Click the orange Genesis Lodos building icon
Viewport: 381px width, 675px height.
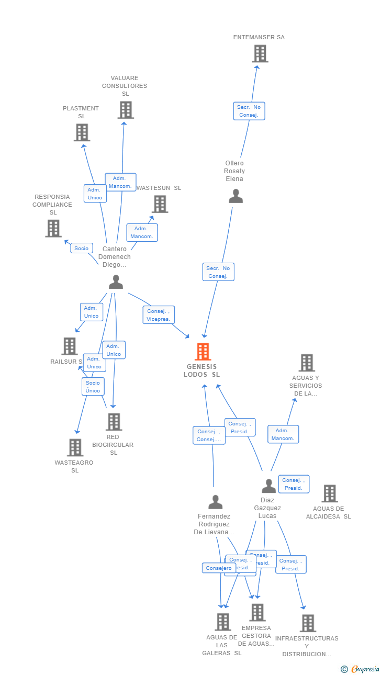(x=203, y=352)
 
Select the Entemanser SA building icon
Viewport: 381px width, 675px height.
(x=260, y=53)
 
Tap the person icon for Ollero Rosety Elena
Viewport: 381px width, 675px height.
(x=236, y=196)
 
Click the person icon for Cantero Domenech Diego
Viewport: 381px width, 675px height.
(x=116, y=282)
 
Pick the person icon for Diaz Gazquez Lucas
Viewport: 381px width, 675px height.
(x=268, y=486)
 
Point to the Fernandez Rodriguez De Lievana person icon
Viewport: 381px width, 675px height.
(x=215, y=502)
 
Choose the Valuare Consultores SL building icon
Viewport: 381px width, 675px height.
(x=126, y=110)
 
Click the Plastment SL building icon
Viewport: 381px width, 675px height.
(x=82, y=132)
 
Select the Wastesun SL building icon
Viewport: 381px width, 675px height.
(x=160, y=204)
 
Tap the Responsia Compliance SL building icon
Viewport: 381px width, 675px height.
(x=53, y=228)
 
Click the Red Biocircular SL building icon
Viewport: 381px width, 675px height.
(x=114, y=422)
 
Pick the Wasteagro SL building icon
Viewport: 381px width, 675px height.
(x=75, y=447)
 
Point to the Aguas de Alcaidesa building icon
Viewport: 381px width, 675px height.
(x=329, y=493)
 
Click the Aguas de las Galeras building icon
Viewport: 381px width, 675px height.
(x=223, y=622)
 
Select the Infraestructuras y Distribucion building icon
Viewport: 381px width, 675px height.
(x=308, y=623)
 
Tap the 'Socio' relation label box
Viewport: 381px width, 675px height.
(x=82, y=248)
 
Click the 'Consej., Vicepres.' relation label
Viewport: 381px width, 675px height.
(x=159, y=315)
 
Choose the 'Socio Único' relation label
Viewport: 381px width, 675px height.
(x=93, y=387)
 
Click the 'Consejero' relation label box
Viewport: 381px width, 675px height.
(x=218, y=568)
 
